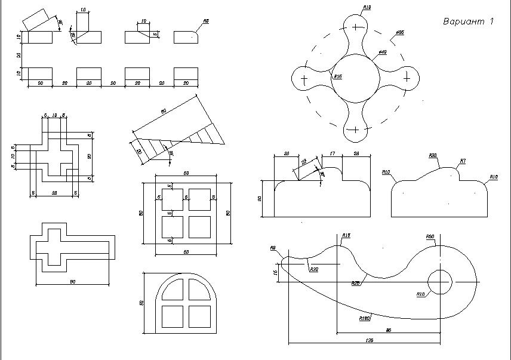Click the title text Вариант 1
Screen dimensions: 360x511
[x=468, y=22]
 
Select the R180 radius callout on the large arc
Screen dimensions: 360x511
[x=365, y=318]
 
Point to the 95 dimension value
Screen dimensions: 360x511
[x=389, y=329]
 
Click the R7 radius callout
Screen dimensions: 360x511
[x=462, y=161]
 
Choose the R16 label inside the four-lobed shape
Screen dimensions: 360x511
[x=337, y=76]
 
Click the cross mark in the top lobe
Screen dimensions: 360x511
[x=356, y=26]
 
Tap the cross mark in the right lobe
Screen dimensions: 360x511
[x=407, y=78]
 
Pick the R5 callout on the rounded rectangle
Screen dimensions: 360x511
[x=206, y=21]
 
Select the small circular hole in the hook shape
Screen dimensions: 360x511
[x=440, y=281]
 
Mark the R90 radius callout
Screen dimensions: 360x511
[x=429, y=237]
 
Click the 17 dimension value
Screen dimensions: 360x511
[x=332, y=153]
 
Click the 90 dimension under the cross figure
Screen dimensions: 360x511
[x=72, y=282]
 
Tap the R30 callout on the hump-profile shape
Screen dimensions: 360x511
[x=433, y=155]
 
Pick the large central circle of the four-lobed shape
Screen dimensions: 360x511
[x=356, y=78]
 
